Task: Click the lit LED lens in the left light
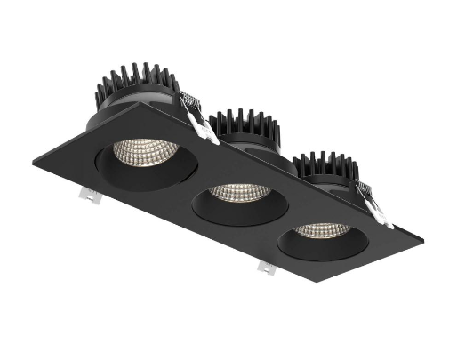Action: [146, 152]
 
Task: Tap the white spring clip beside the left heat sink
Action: [200, 121]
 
